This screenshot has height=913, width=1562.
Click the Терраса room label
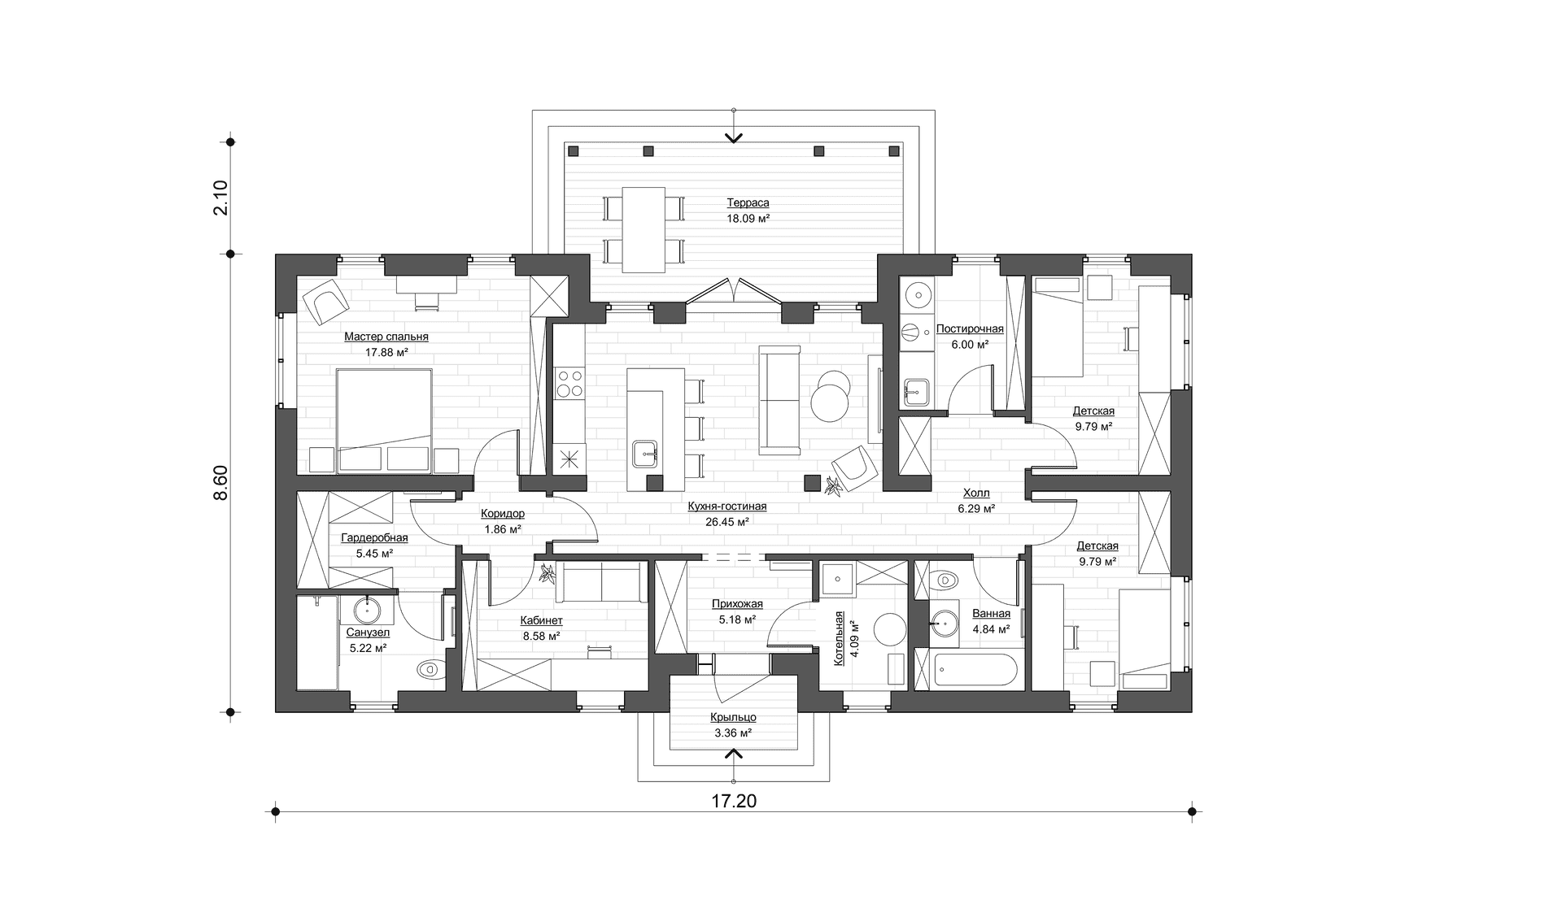coord(748,203)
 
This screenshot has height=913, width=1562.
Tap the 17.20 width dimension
coord(734,802)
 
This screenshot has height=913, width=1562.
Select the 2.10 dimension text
coord(220,198)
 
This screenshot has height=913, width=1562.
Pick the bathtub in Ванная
coord(975,671)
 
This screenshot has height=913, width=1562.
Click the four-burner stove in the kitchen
coord(569,383)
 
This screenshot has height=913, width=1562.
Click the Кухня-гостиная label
coord(727,506)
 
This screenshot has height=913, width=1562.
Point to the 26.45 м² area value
coord(727,523)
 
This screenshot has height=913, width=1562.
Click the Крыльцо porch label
coord(733,717)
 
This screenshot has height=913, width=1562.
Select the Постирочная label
coord(970,329)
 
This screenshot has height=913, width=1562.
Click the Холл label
coord(976,493)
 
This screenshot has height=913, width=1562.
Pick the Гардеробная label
coord(374,537)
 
